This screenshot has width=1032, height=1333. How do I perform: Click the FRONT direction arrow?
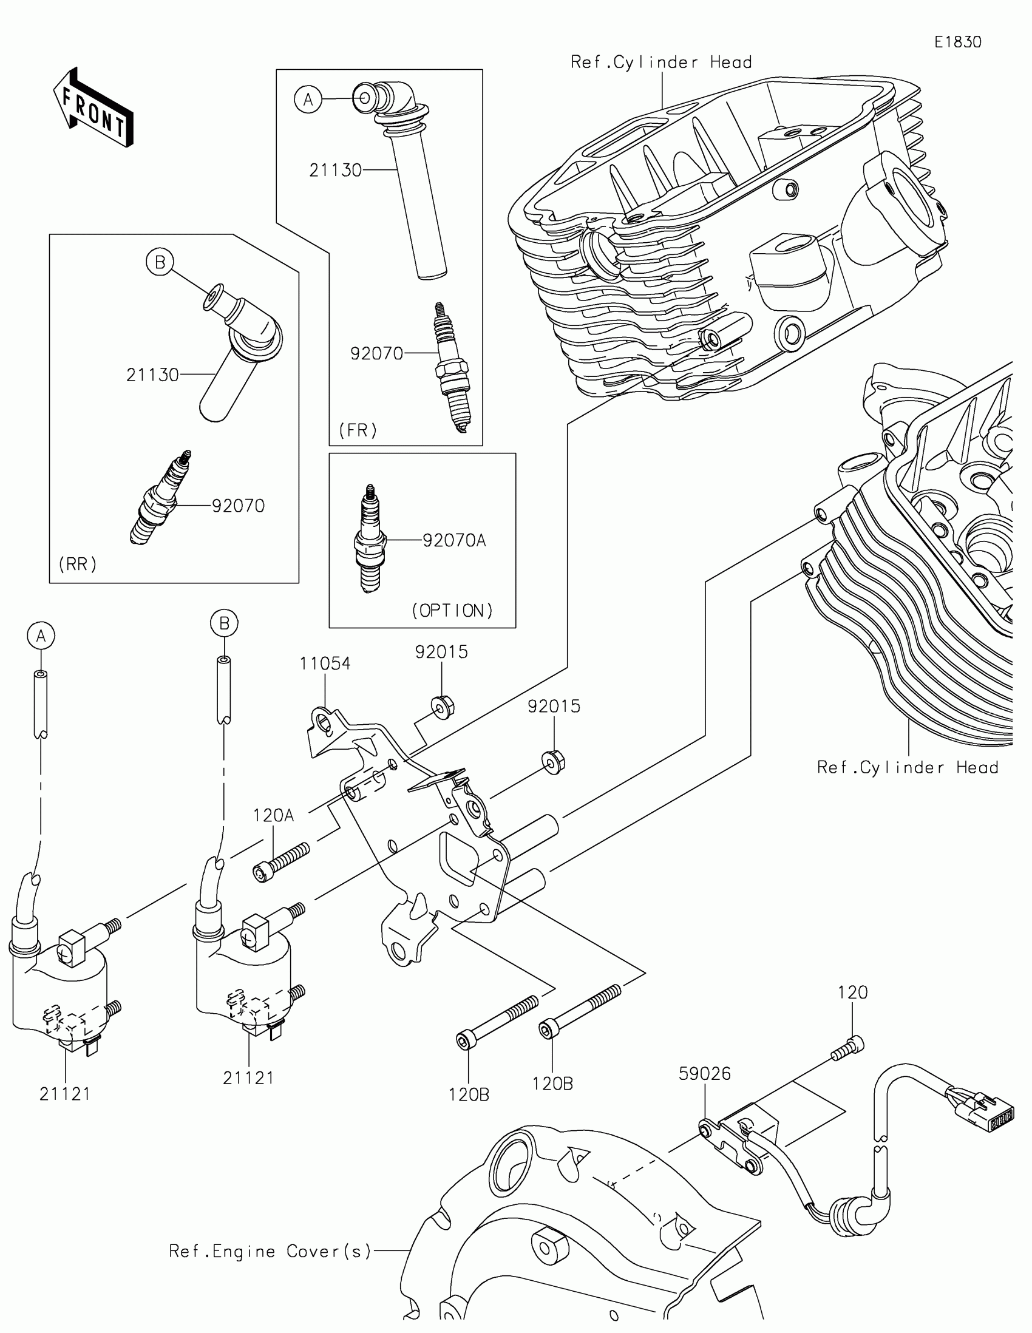point(93,107)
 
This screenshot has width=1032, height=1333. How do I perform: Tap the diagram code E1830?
point(958,42)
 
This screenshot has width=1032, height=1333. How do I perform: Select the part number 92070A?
point(454,540)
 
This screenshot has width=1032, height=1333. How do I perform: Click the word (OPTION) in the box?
point(452,610)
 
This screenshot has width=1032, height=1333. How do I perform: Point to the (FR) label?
point(358,430)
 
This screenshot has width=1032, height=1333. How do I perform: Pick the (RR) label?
point(78,564)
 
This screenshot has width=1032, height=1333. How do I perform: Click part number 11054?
point(325,663)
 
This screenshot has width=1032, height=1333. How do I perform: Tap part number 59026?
point(705,1074)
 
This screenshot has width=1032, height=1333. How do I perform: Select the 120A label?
point(273,815)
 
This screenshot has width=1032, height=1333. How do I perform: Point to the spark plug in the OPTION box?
point(370,539)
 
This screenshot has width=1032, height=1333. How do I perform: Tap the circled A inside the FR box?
point(308,99)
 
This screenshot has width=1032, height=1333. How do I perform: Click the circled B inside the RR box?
point(160,262)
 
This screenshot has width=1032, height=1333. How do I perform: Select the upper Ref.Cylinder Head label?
point(662,63)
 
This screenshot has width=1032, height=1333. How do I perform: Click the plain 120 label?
point(852,992)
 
